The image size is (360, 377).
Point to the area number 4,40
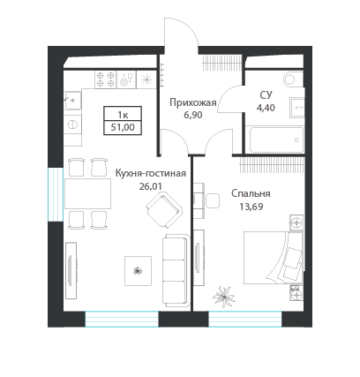click(266, 109)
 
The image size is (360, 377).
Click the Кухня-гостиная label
click(150, 174)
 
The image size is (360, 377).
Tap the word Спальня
click(251, 194)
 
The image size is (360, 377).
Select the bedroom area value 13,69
click(251, 207)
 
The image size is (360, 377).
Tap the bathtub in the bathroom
click(274, 139)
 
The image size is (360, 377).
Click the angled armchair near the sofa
click(165, 212)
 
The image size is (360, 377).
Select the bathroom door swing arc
click(230, 101)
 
